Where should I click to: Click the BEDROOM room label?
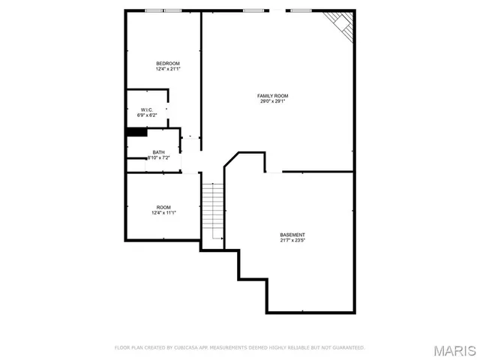(167, 63)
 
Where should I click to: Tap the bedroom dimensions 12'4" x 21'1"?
(167, 69)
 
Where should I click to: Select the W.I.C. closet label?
(146, 109)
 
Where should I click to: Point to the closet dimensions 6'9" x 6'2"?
(146, 115)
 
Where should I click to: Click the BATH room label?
(158, 152)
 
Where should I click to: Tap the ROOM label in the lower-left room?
(163, 207)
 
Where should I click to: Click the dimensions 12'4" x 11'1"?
(163, 213)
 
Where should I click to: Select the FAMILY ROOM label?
(273, 96)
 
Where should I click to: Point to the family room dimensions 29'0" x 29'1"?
(273, 102)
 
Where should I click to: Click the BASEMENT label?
(292, 234)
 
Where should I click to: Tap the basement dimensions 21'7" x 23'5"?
(292, 240)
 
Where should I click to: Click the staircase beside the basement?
(214, 211)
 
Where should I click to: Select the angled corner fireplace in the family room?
(341, 24)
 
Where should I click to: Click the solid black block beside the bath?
(136, 132)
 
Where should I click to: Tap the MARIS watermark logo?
(453, 350)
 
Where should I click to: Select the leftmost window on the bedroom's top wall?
(154, 10)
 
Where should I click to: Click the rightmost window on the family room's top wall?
(301, 10)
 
